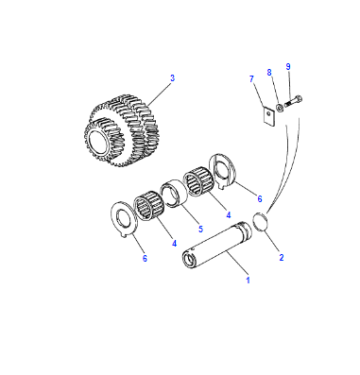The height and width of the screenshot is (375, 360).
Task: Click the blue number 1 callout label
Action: pos(248,280)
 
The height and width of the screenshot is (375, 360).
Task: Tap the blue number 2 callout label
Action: pos(281,257)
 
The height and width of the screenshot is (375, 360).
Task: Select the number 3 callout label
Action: pos(172,78)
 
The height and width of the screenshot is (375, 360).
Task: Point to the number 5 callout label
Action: pos(200,229)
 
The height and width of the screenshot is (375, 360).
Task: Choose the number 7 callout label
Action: pos(252,79)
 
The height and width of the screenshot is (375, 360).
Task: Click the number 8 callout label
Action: pos(269,72)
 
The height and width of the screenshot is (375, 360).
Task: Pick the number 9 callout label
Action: pos(288,67)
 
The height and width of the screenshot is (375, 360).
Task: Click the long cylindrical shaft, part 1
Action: pos(217,245)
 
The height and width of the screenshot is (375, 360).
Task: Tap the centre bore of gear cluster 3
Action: pos(97,138)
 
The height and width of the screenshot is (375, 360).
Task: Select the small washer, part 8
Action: pos(280,107)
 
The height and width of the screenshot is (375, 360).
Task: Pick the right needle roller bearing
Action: pos(199,182)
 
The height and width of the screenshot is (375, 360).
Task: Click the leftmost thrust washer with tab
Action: pos(123,219)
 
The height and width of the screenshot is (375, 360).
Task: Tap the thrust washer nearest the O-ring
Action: pos(222,171)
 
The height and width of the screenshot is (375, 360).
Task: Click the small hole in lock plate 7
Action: pos(269,114)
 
